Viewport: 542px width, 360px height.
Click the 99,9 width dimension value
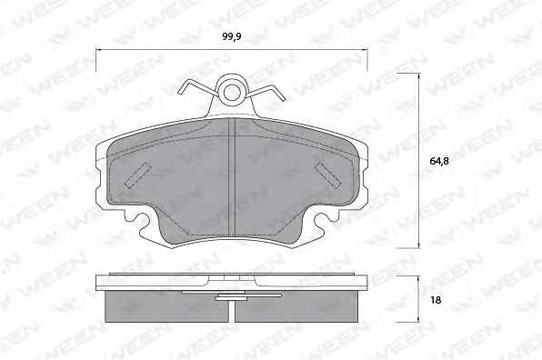pos(231,36)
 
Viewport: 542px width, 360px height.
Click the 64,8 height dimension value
pos(439,161)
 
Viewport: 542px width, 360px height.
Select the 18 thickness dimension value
pos(436,300)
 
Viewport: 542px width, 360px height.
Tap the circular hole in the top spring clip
pos(232,92)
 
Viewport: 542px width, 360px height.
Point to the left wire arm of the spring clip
pos(197,87)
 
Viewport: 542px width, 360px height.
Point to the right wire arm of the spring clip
pos(266,91)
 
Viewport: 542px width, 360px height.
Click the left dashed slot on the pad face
pos(137,175)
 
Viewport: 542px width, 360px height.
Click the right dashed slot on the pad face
pos(327,175)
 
